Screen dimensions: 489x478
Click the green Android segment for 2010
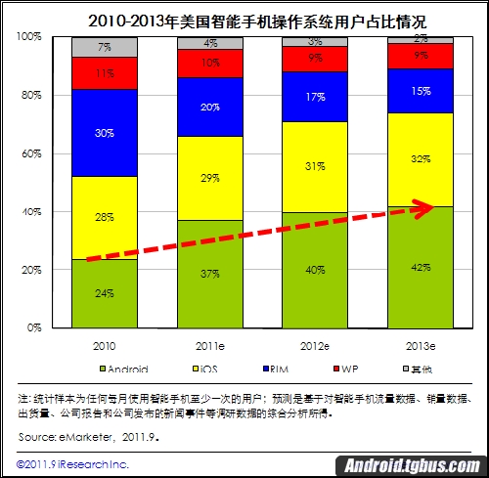[105, 293]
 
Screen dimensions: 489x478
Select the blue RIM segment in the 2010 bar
[105, 133]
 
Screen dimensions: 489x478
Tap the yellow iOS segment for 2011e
[210, 178]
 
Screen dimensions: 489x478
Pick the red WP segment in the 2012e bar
[315, 59]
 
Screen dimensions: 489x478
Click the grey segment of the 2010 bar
[105, 47]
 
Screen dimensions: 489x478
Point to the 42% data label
[421, 268]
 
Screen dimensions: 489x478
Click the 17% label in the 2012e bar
[316, 97]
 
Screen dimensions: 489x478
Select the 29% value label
[210, 178]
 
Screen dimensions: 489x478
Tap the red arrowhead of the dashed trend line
[423, 208]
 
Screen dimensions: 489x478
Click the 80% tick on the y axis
[31, 95]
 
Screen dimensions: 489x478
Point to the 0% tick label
[34, 327]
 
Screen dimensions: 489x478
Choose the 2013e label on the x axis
[421, 346]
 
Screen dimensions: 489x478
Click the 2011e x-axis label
[210, 346]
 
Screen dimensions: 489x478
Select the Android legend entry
[124, 369]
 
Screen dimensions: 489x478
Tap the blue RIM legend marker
[266, 369]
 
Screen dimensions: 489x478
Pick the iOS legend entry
[205, 369]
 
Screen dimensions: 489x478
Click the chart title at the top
[257, 22]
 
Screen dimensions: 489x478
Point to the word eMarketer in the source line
[85, 437]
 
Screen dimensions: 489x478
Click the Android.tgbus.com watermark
[412, 465]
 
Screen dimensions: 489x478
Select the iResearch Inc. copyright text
[72, 464]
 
